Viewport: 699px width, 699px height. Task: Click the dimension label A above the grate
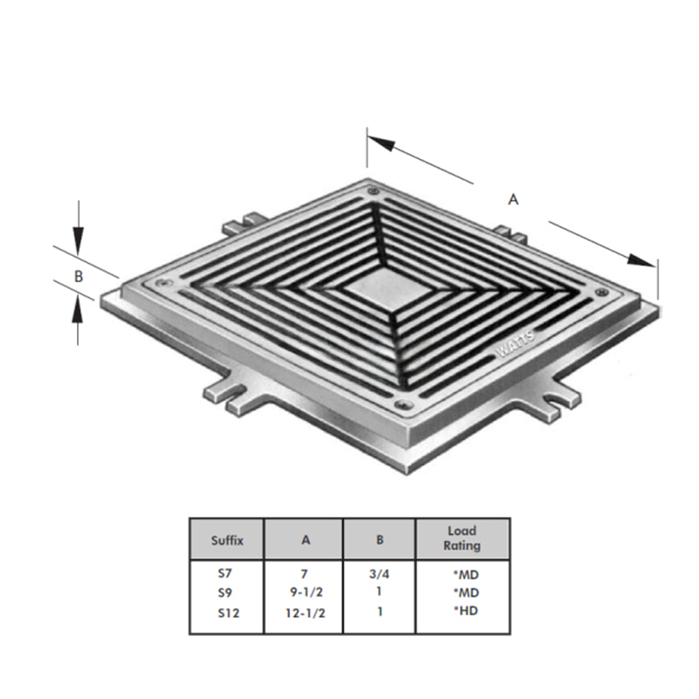(514, 199)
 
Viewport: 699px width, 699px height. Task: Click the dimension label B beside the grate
(79, 275)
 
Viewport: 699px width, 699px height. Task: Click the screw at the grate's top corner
(373, 191)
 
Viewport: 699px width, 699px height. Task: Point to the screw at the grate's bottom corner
(401, 406)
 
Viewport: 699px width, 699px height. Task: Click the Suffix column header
(226, 540)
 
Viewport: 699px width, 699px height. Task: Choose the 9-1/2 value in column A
(306, 594)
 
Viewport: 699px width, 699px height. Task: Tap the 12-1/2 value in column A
(306, 613)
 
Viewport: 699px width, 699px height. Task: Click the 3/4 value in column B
(379, 576)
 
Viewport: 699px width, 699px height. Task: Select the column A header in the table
(305, 540)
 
